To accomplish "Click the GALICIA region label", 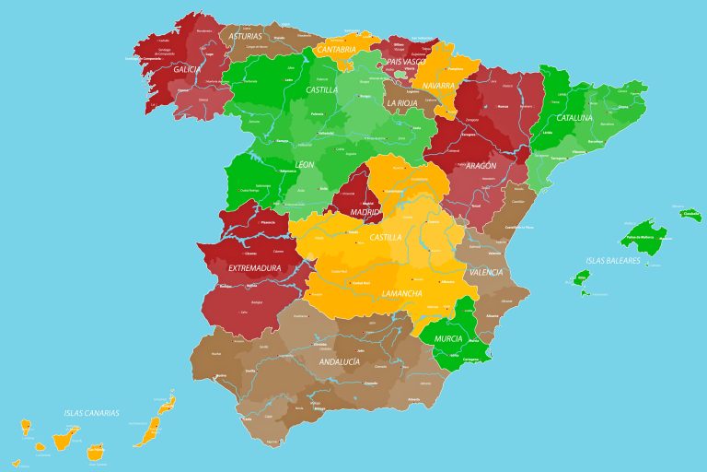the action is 187,69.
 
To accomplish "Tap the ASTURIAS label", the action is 246,37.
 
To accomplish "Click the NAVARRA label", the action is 439,86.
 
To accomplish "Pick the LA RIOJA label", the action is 403,103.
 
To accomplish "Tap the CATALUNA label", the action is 574,119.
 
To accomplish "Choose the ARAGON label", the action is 481,166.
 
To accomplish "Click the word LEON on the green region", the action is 305,164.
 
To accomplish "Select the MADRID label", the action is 365,212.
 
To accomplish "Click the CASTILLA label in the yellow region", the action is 385,237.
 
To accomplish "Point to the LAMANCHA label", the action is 401,294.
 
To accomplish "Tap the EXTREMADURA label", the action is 254,268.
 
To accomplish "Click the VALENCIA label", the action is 486,273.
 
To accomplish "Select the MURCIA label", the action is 448,339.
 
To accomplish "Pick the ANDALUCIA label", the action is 339,362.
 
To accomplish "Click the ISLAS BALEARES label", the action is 612,261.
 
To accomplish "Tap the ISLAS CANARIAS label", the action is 91,413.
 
